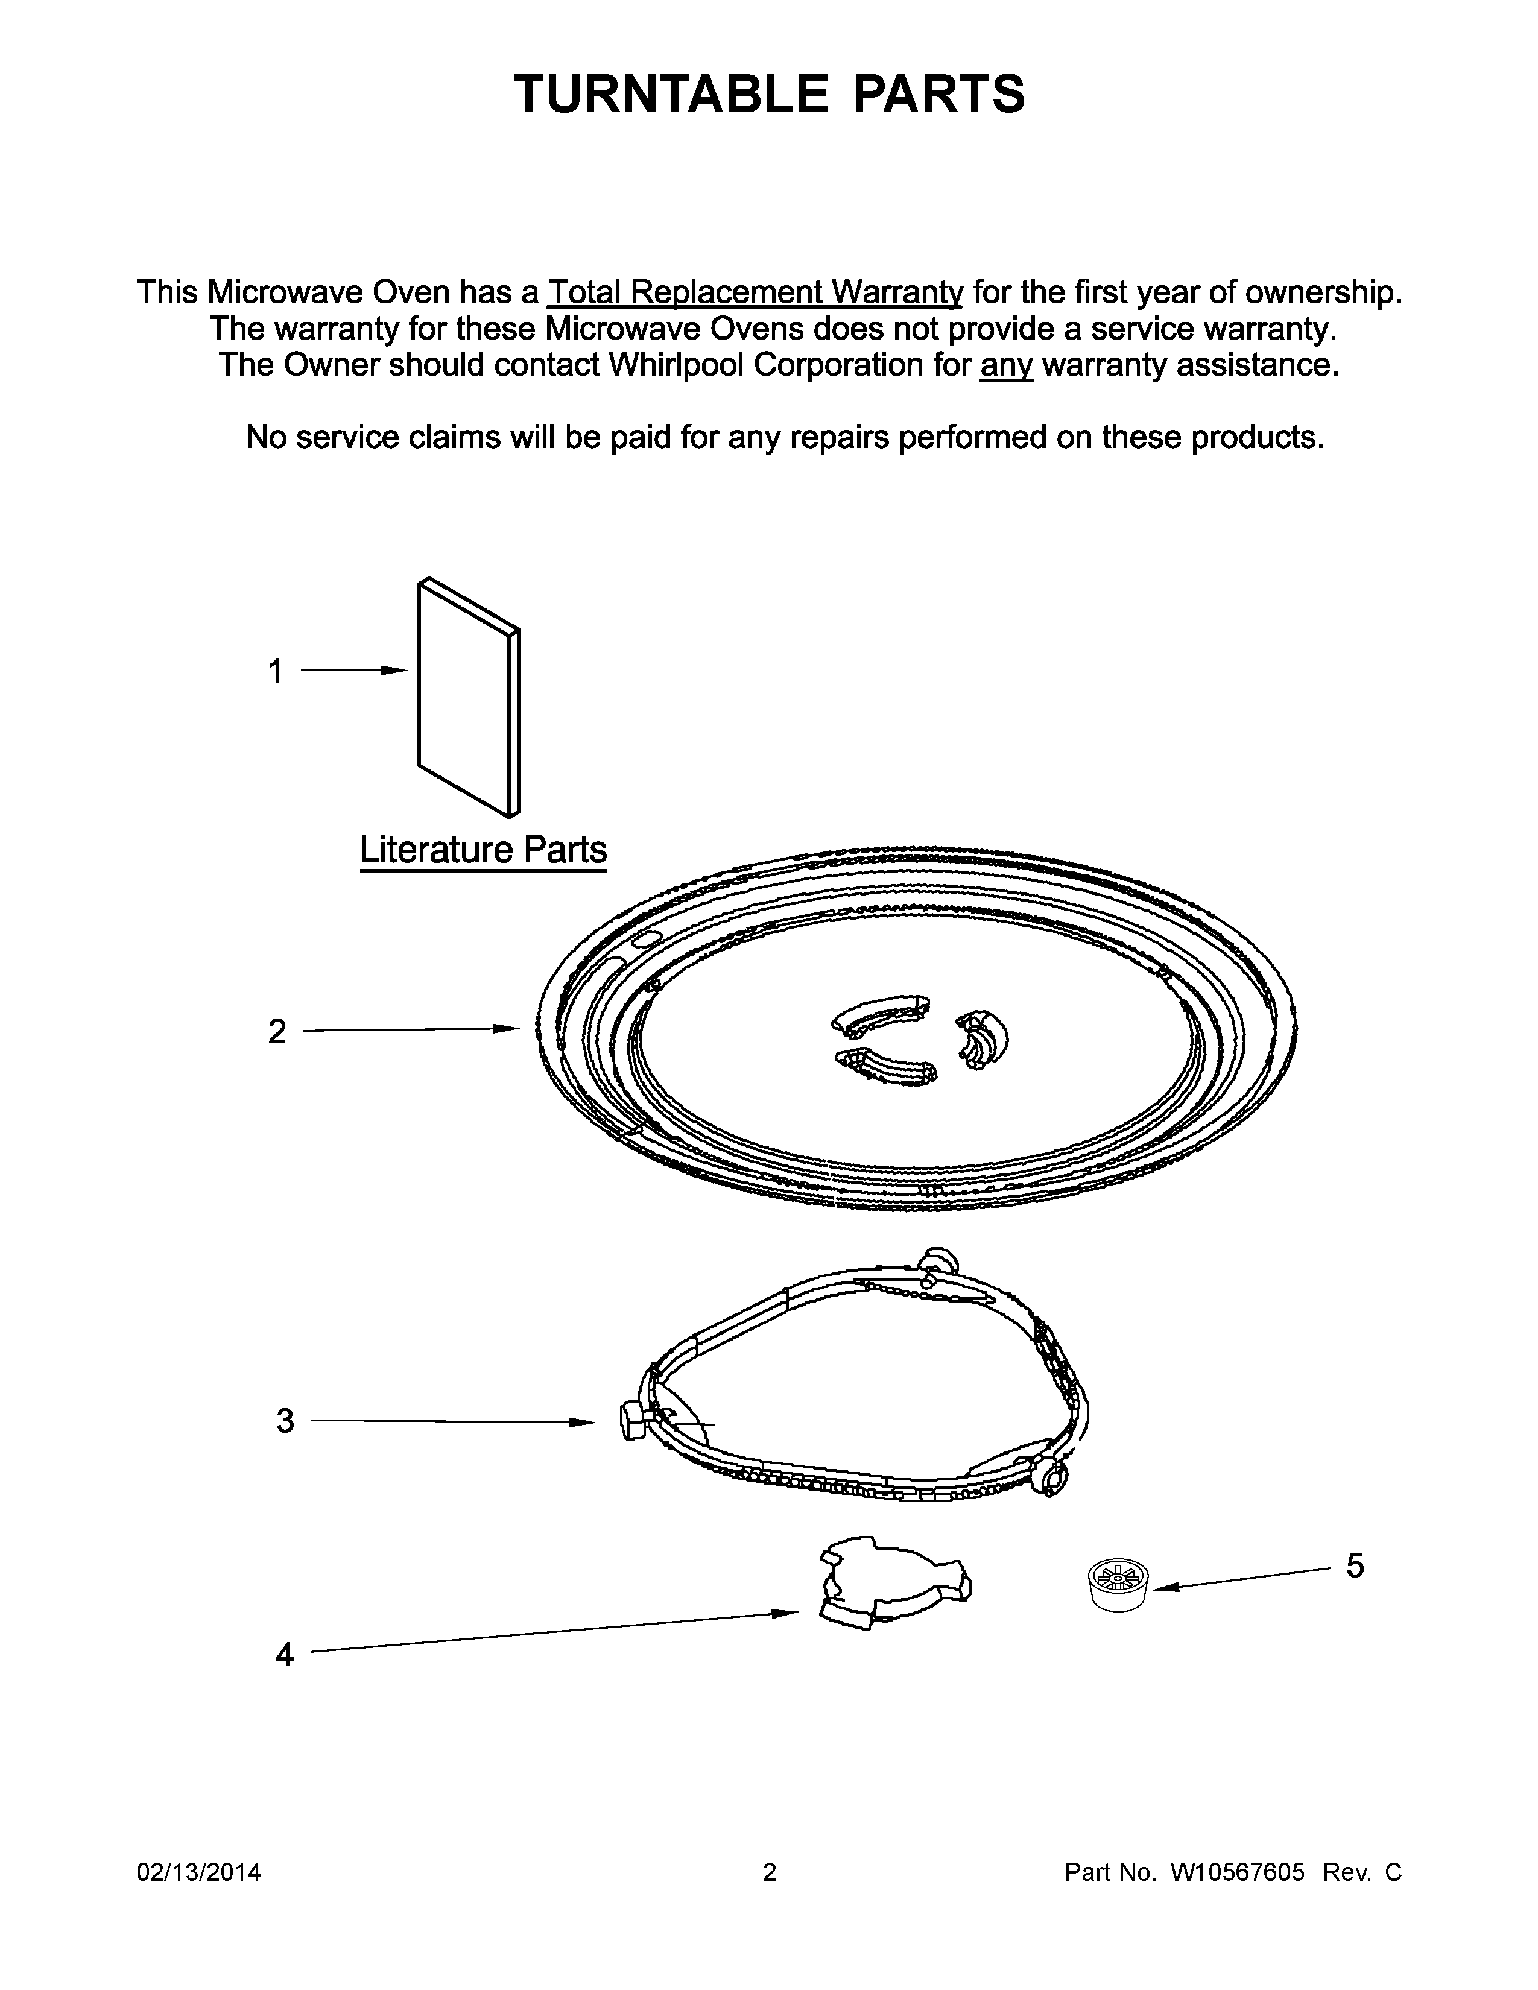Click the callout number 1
coord(274,672)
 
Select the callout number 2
coord(277,1031)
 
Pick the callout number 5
coord(1355,1566)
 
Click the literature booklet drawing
coord(468,697)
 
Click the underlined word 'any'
coord(1006,365)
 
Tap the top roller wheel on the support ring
coord(938,1263)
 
